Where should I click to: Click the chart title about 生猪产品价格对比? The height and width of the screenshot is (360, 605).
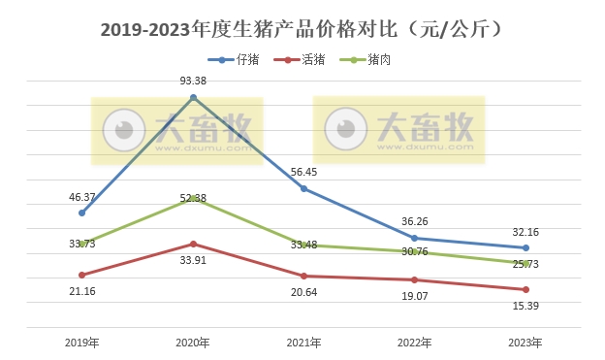pos(302,29)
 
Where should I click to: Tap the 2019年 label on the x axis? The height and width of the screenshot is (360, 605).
pos(81,343)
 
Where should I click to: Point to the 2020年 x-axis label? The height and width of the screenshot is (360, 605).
pos(193,343)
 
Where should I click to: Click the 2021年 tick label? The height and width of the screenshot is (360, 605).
pos(303,343)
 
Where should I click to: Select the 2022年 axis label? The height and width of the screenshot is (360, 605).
pos(415,343)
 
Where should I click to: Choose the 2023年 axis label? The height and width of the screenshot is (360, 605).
pos(525,343)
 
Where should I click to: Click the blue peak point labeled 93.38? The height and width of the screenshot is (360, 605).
pos(193,97)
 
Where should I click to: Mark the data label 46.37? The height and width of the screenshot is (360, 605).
pos(81,197)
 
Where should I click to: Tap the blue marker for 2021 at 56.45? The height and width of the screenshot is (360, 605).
pos(303,188)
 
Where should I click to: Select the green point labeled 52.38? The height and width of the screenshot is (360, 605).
pos(193,198)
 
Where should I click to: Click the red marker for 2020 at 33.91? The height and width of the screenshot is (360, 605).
pos(193,244)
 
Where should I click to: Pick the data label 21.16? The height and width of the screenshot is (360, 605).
pos(81,292)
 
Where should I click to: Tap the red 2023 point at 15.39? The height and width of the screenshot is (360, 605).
pos(525,289)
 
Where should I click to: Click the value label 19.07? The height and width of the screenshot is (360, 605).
pos(415,298)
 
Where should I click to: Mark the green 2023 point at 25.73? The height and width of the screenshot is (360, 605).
pos(525,263)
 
